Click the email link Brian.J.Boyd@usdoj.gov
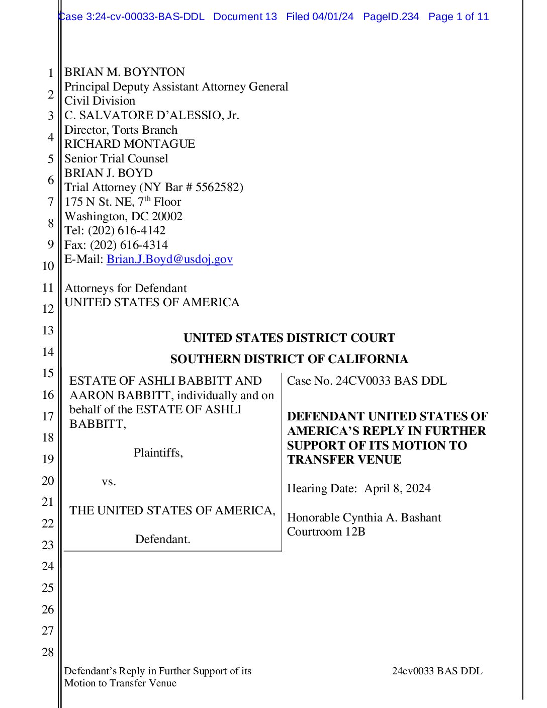coord(169,259)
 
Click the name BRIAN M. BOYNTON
coord(125,72)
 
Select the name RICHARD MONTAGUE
coord(130,144)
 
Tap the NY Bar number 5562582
coord(217,187)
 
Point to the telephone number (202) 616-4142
coord(127,230)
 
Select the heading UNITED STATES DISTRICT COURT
coord(289,338)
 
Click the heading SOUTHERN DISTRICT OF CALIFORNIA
coord(289,359)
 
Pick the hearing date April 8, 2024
coord(397,488)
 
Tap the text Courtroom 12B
coord(326,532)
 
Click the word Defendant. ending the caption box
coord(163,539)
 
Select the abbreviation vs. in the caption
coord(109,481)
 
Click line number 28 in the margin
coord(48,652)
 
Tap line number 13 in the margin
coord(48,330)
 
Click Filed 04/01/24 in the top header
coord(320,17)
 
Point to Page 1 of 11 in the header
coord(459,17)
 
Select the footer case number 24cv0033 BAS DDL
coord(437,671)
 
